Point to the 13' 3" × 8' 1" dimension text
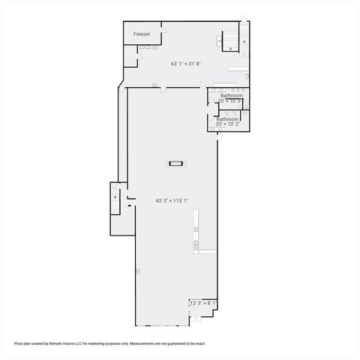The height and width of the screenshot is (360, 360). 203,303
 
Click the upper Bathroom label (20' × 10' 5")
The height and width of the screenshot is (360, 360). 231,96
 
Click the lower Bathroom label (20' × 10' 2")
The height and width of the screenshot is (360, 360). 227,120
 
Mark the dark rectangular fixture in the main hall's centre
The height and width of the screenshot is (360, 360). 176,162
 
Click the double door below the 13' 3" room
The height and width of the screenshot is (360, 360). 196,320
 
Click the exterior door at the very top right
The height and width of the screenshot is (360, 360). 242,20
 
